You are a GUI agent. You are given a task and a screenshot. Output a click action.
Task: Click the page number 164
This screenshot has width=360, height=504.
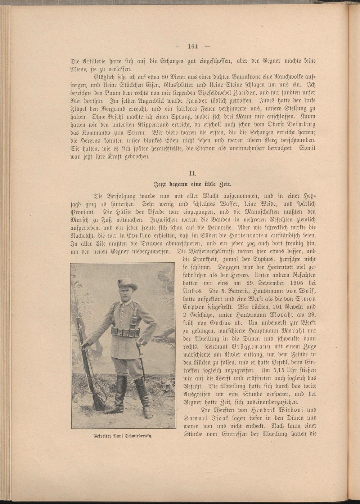[x=193, y=46]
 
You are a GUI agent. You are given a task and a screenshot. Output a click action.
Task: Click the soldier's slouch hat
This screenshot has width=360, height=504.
[x=127, y=284]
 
